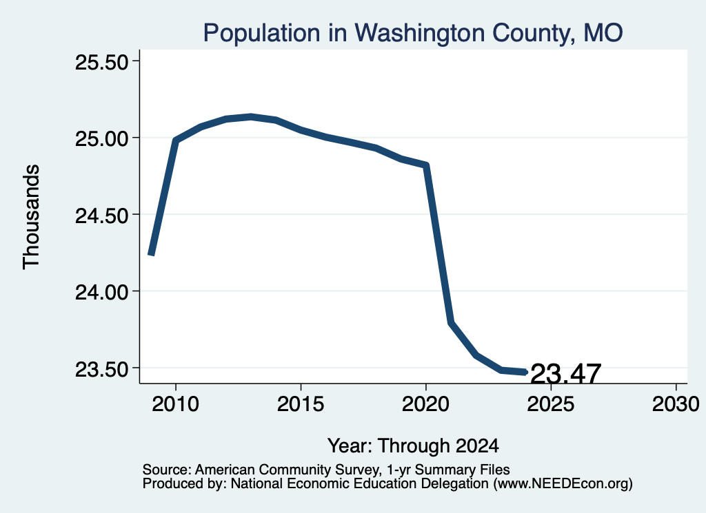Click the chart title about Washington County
tap(413, 33)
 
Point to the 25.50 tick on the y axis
tap(102, 62)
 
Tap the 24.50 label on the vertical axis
tap(102, 216)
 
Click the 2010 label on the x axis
tap(176, 404)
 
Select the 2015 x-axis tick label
tap(301, 404)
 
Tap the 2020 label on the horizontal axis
tap(425, 404)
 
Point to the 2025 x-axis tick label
tap(551, 404)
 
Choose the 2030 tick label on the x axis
tap(676, 404)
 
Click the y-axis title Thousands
tap(32, 217)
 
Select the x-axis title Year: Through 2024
tap(414, 446)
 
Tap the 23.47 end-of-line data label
tap(565, 374)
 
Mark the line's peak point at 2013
tap(251, 117)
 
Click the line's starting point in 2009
tap(151, 255)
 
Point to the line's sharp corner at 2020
tap(425, 165)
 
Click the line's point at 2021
tap(451, 322)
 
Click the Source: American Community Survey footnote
tap(326, 470)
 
